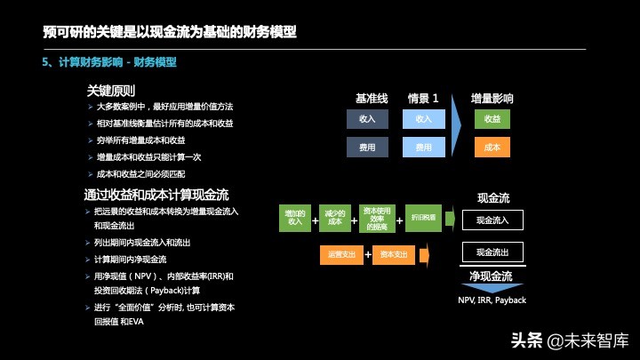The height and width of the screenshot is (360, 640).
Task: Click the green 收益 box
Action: [492, 119]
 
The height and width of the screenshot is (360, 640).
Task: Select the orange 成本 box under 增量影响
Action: [492, 147]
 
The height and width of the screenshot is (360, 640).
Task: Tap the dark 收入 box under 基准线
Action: [367, 119]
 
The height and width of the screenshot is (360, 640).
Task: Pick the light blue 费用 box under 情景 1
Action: [424, 147]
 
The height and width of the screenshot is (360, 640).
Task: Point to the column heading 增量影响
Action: [492, 99]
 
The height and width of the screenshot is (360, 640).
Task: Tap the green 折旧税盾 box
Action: [423, 218]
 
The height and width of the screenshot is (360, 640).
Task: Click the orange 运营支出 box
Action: [341, 254]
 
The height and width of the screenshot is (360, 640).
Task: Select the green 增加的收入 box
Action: [294, 218]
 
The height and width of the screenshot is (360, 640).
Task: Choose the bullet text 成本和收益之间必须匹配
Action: [148, 173]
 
